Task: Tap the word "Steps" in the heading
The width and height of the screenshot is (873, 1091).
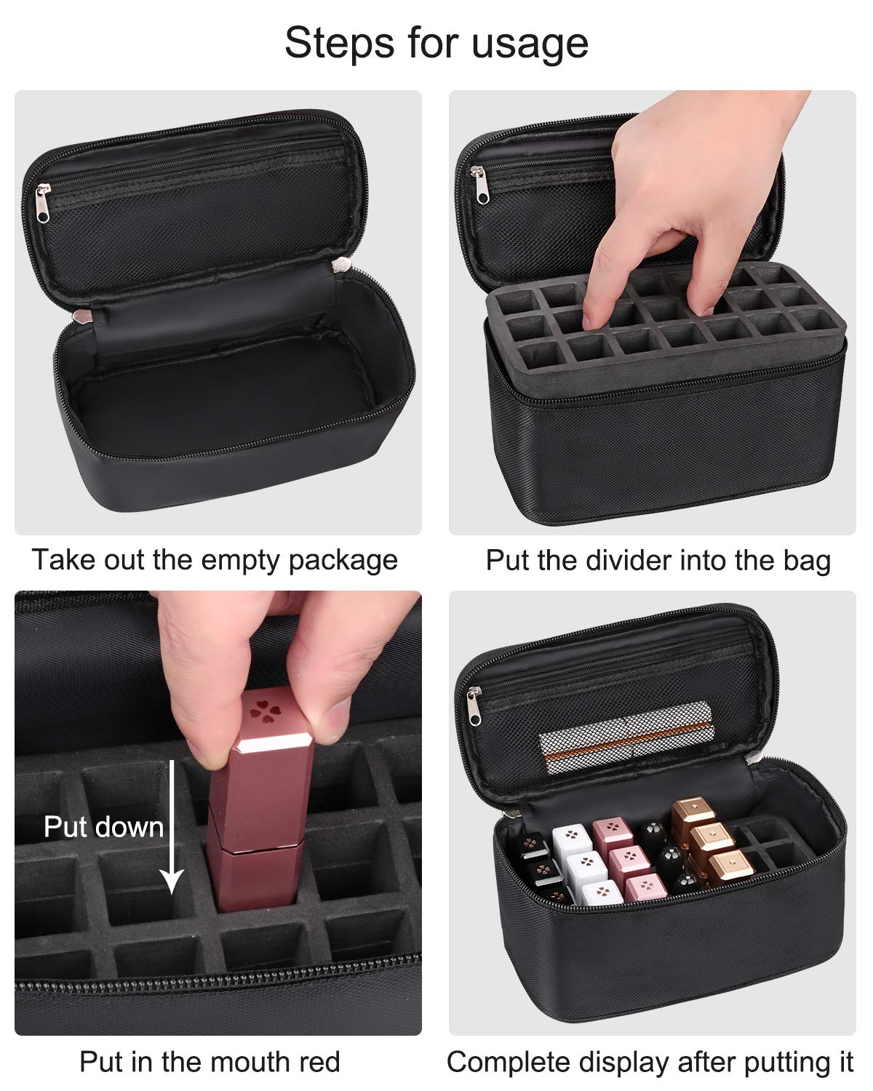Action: [x=339, y=43]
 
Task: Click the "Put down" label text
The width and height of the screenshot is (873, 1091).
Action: [x=104, y=827]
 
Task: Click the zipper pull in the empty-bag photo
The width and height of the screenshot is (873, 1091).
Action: [x=43, y=203]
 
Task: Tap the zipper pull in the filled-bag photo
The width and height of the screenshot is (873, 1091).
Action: [x=474, y=706]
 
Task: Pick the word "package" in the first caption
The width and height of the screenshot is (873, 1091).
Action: [x=343, y=562]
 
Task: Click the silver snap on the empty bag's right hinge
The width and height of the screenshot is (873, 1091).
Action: [x=341, y=265]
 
